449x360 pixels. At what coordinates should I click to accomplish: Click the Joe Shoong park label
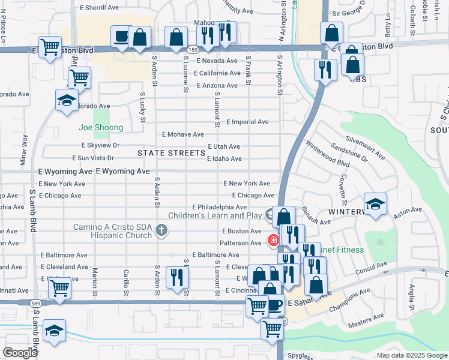point(101,127)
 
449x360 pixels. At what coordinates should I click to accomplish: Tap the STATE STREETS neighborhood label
point(172,153)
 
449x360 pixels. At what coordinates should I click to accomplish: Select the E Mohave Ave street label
point(183,134)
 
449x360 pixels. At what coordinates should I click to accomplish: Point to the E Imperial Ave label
point(247,122)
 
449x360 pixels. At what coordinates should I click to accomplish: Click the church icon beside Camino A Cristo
point(161,230)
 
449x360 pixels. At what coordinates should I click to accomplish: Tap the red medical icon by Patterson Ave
point(273,241)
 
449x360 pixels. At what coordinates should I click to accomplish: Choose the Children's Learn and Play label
point(215,215)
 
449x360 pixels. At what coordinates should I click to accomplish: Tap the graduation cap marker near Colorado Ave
point(67,100)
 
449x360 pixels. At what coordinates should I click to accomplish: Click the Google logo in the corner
point(19,353)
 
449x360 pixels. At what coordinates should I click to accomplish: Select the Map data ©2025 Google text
point(411,355)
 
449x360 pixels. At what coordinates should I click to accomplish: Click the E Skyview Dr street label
point(101,146)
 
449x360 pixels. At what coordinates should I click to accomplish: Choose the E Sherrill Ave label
point(99,8)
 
